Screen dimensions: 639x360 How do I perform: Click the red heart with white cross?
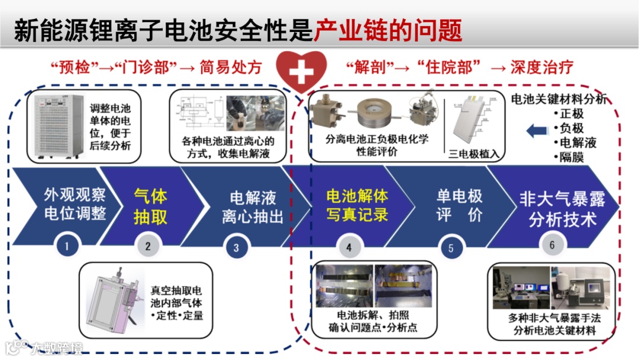pos(302,73)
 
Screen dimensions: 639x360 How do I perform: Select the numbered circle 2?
pos(148,246)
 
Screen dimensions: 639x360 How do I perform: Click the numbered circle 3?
pos(236,247)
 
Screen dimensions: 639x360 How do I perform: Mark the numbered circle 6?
pos(552,245)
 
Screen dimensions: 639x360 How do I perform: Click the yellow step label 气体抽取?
pos(150,206)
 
